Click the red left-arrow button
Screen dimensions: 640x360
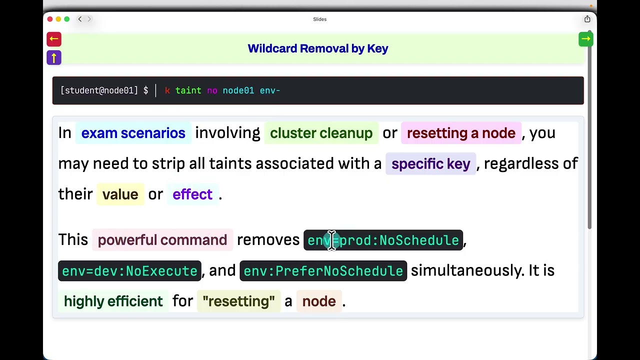(54, 39)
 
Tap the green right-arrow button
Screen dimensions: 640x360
(585, 39)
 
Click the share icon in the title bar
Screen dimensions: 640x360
(587, 19)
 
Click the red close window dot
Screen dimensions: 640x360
(50, 19)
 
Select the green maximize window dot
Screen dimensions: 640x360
(67, 19)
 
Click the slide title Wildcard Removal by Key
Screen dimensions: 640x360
(317, 48)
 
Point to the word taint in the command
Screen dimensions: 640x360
(188, 90)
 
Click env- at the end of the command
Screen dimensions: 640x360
(270, 91)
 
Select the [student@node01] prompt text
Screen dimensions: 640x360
(99, 90)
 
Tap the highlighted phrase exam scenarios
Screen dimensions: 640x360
(133, 133)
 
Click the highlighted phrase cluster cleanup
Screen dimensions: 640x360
(321, 133)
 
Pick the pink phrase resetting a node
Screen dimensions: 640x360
(461, 133)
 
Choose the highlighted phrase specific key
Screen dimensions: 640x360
(431, 164)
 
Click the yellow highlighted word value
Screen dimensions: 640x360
(120, 194)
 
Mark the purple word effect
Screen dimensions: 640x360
(192, 194)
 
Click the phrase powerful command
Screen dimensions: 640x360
(162, 240)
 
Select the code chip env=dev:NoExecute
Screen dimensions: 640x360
(129, 271)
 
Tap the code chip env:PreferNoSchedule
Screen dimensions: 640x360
(323, 271)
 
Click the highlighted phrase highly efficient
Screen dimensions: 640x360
(113, 301)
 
